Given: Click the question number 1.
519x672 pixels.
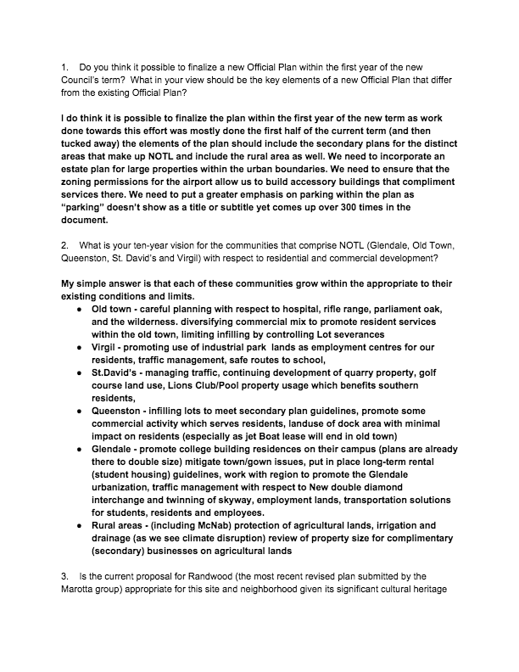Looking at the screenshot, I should (64, 65).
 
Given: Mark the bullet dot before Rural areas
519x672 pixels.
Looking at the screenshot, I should (82, 526).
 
